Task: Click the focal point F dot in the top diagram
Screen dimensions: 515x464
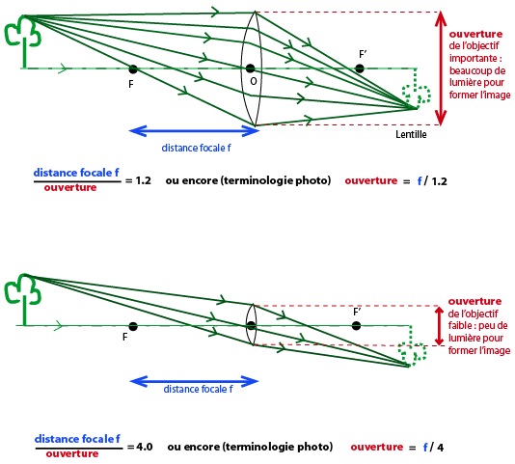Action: point(133,69)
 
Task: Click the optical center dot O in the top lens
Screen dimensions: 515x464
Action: point(251,68)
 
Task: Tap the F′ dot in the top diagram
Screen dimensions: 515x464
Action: point(360,68)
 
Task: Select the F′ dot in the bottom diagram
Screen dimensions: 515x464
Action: point(356,326)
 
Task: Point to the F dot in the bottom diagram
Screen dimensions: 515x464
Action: point(133,326)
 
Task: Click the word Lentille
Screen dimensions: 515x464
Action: point(411,134)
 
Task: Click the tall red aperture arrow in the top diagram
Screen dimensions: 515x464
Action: point(441,68)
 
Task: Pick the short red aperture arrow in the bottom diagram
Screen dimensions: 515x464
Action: point(439,326)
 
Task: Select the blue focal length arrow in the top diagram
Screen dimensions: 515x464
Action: point(195,131)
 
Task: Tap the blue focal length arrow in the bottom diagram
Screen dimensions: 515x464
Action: point(195,381)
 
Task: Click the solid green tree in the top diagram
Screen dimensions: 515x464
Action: point(22,41)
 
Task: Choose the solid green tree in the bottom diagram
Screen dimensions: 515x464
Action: point(22,299)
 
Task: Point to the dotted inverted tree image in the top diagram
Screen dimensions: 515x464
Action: point(416,89)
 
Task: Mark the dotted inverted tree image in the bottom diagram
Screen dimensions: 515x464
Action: point(412,345)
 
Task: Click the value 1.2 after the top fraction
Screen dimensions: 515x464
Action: point(143,180)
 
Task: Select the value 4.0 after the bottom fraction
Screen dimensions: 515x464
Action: point(145,447)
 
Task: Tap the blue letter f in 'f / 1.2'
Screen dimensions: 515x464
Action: point(420,180)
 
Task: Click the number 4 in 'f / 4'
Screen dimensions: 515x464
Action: point(440,448)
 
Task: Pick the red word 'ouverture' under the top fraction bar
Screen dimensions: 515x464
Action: point(70,188)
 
